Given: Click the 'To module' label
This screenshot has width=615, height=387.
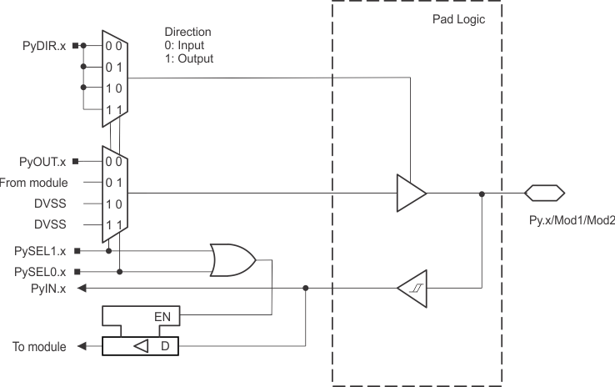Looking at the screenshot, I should (x=39, y=346).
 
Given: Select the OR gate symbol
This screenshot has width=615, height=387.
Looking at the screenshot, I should (x=234, y=259).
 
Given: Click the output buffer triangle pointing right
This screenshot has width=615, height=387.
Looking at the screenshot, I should (x=411, y=193).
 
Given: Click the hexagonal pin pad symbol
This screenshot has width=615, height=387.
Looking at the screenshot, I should (x=545, y=193).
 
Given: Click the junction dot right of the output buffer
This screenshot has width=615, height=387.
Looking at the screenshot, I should (x=482, y=193).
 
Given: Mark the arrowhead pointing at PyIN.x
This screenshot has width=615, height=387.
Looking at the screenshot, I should (x=84, y=289).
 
